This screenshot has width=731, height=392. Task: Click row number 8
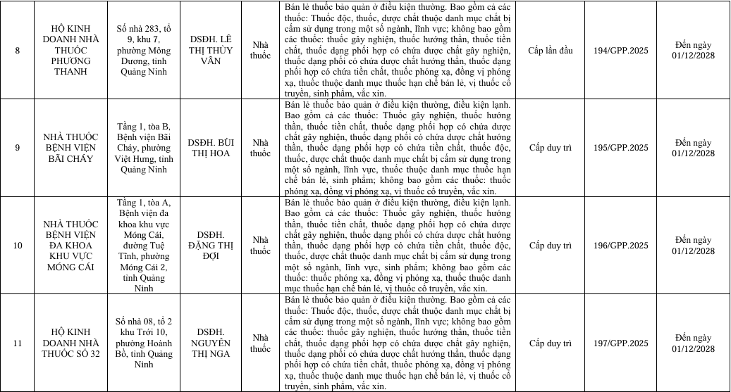pyautogui.click(x=18, y=51)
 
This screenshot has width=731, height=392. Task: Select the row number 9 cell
pyautogui.click(x=18, y=148)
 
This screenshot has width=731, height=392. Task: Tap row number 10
pyautogui.click(x=18, y=246)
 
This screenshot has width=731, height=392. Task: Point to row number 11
pyautogui.click(x=18, y=343)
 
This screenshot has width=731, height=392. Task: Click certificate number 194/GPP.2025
pyautogui.click(x=620, y=51)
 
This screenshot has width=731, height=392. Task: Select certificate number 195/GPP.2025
pyautogui.click(x=620, y=148)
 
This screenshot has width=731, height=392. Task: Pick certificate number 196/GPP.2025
pyautogui.click(x=620, y=246)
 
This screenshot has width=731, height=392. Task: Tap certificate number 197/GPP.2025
pyautogui.click(x=620, y=343)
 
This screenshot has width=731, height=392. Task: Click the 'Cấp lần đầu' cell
pyautogui.click(x=550, y=51)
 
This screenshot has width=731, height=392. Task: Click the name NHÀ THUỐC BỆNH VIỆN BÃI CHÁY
pyautogui.click(x=70, y=148)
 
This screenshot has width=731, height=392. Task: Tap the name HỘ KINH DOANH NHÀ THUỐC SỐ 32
pyautogui.click(x=70, y=343)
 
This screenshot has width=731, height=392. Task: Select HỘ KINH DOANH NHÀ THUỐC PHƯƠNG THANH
pyautogui.click(x=70, y=51)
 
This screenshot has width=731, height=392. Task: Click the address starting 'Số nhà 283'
pyautogui.click(x=143, y=51)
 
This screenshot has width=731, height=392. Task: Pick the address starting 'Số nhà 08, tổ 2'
pyautogui.click(x=143, y=343)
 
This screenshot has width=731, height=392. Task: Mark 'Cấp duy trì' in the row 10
pyautogui.click(x=550, y=246)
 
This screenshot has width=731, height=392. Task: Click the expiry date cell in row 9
pyautogui.click(x=693, y=148)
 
